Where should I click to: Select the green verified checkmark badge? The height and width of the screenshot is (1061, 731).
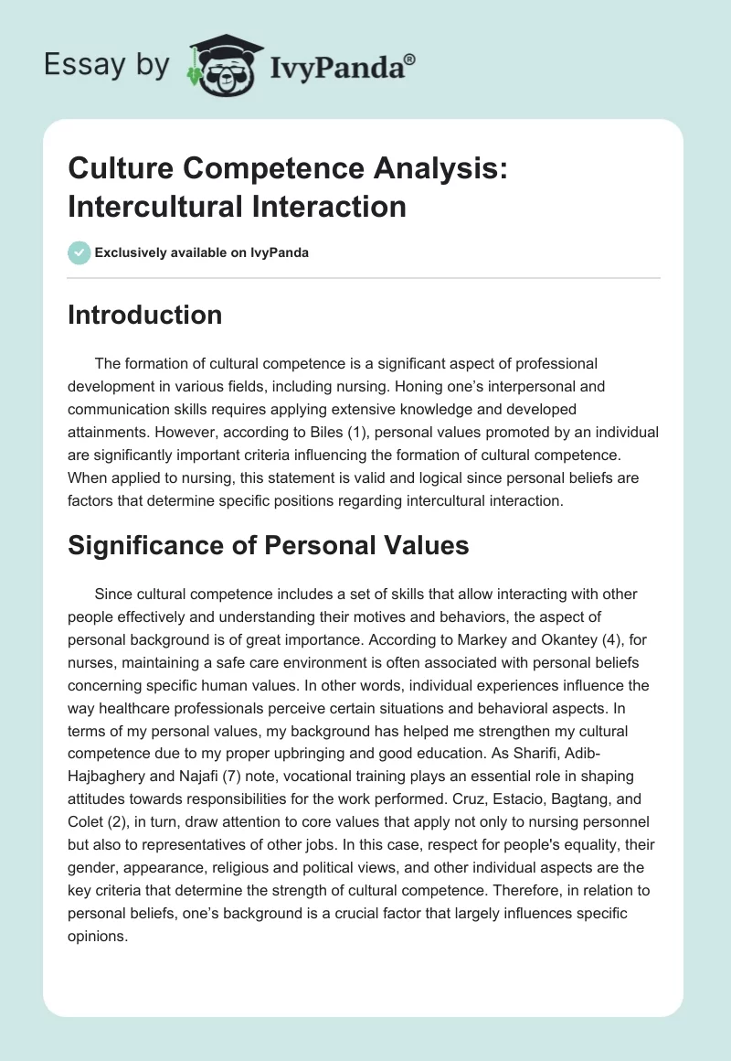[x=79, y=252]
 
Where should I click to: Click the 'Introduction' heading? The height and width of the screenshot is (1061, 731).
[x=144, y=315]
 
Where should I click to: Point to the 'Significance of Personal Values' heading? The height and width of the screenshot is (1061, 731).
[x=268, y=546]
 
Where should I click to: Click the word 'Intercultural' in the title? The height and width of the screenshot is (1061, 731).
[x=145, y=207]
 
